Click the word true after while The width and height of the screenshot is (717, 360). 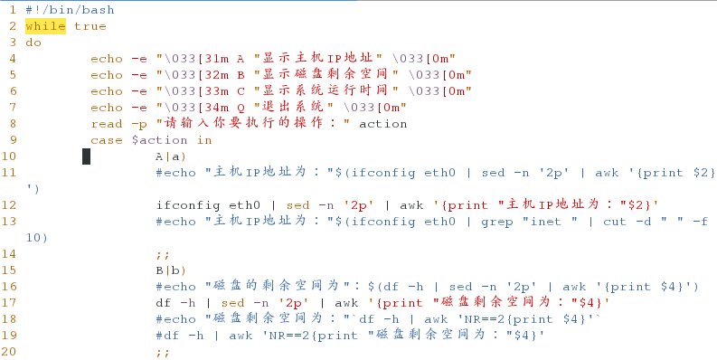click(x=90, y=25)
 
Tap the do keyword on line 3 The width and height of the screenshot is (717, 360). click(x=33, y=42)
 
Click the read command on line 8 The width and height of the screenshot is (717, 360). click(x=107, y=124)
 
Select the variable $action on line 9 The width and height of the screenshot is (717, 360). click(x=159, y=140)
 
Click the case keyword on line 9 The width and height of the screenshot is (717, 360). click(x=107, y=140)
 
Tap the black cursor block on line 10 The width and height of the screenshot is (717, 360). click(x=86, y=156)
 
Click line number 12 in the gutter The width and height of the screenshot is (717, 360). click(x=9, y=205)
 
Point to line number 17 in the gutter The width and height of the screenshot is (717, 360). click(x=9, y=303)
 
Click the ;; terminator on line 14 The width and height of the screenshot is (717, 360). click(x=163, y=254)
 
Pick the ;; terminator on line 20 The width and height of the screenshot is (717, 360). click(x=163, y=352)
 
